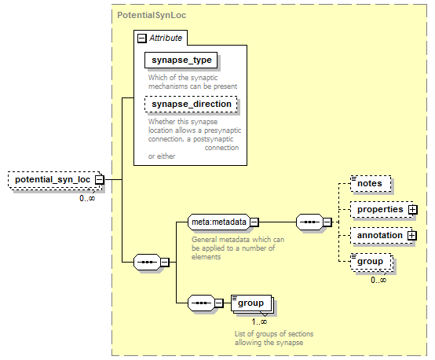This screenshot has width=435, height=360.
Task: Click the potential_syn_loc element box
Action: tap(55, 180)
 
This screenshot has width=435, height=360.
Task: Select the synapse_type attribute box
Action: tap(181, 60)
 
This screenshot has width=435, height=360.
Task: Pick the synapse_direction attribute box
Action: tap(191, 105)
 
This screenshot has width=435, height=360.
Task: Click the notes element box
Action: tap(371, 184)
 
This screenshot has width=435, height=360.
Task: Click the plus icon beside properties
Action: tap(412, 210)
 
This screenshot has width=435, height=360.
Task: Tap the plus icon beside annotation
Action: tap(412, 236)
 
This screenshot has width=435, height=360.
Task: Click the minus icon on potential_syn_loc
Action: tap(99, 180)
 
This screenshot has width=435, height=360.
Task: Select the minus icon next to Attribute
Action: tap(142, 39)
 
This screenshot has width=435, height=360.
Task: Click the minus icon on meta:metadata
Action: tap(254, 222)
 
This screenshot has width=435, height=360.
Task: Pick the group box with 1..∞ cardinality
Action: tap(251, 303)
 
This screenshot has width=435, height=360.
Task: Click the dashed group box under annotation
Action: tap(371, 262)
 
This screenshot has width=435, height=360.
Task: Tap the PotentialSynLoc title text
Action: tap(152, 15)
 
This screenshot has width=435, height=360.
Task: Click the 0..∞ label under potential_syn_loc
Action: tap(87, 198)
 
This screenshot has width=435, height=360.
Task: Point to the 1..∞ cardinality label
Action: tap(259, 321)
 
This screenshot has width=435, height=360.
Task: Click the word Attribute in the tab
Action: tap(166, 38)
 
